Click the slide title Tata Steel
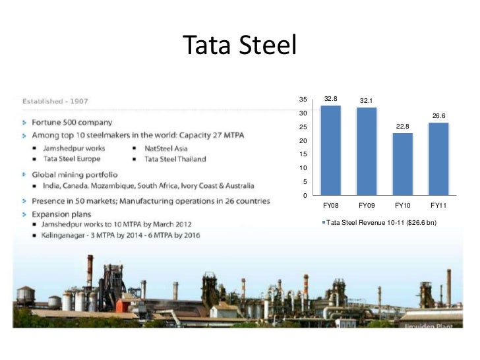(x=240, y=45)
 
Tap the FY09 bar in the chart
(x=366, y=152)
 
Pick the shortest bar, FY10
(x=402, y=165)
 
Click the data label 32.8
(x=330, y=99)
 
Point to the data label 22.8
(x=402, y=126)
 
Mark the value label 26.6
(x=438, y=115)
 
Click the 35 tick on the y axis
(x=303, y=100)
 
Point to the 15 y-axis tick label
(x=303, y=154)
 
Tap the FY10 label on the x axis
(x=402, y=206)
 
